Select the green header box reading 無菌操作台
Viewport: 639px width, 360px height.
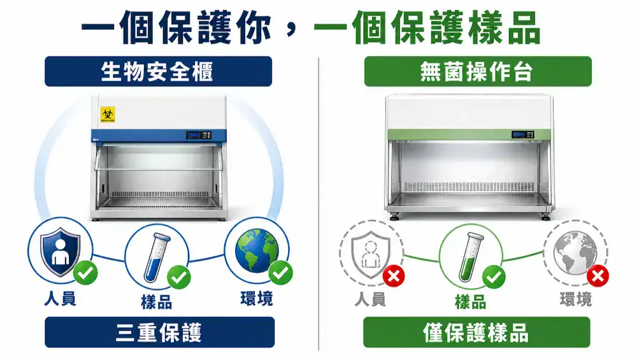477,71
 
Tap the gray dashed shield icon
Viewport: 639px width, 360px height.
370,251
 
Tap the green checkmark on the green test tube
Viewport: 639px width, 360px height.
494,277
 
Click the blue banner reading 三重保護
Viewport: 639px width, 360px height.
159,333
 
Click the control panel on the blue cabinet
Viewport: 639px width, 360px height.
198,135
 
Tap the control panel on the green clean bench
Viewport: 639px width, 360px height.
522,135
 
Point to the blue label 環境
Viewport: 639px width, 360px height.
256,299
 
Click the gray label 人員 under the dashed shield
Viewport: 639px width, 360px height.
370,299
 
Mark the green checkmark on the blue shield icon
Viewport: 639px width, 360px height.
85,273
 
